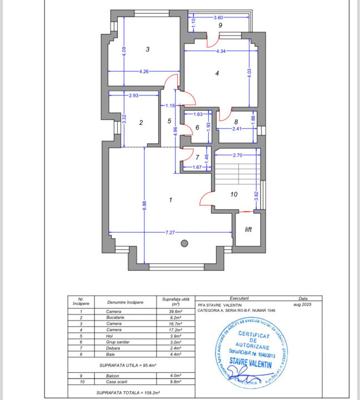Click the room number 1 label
[x=171, y=200]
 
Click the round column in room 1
[x=184, y=243]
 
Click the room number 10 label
[x=234, y=194]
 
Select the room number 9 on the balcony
[x=220, y=26]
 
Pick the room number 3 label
[x=147, y=49]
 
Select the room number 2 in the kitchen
[x=141, y=123]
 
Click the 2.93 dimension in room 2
[x=134, y=96]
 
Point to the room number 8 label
[x=236, y=122]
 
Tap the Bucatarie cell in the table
[x=118, y=318]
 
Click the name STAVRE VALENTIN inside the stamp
[x=250, y=364]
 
